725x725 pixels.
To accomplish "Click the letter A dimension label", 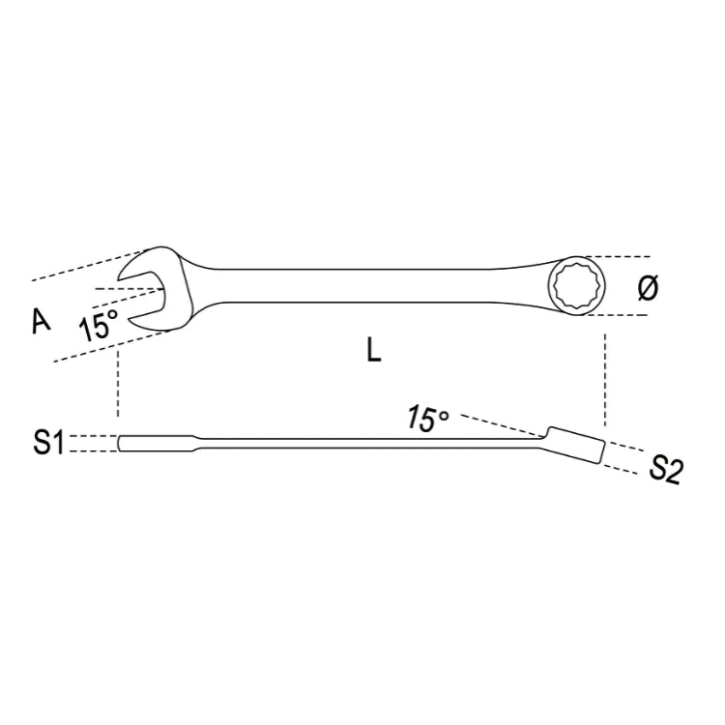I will [40, 322].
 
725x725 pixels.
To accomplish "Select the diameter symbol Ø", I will [649, 288].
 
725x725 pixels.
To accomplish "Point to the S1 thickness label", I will [48, 444].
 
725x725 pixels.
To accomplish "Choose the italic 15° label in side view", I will [427, 419].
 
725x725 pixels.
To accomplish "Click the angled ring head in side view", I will [576, 446].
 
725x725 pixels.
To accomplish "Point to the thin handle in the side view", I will [367, 446].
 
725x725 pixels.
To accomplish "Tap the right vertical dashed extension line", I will [604, 377].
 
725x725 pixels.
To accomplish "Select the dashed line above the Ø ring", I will [619, 257].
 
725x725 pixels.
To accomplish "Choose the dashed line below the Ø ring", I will [619, 315].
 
